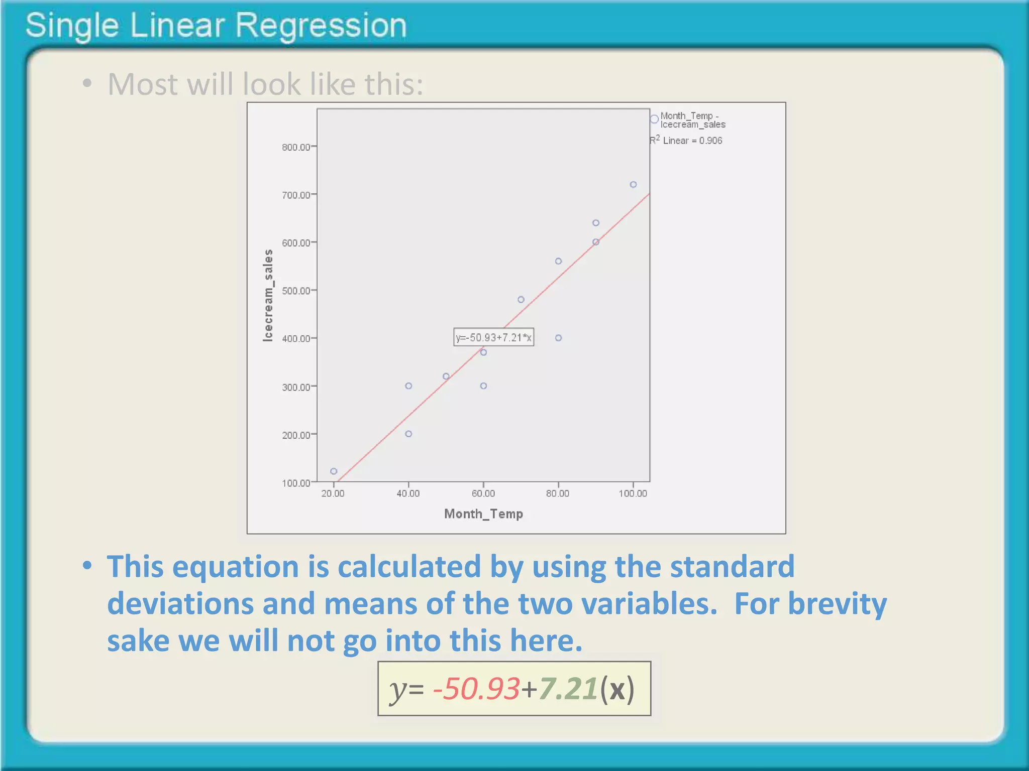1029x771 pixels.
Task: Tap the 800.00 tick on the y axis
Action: pos(296,147)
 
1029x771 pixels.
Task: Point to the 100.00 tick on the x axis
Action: pos(633,493)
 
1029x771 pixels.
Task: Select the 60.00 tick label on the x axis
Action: pos(483,493)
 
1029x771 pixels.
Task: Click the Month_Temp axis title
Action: pos(483,514)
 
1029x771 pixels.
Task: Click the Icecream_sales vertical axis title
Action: pos(268,296)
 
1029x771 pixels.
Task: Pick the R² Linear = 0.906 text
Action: pos(686,141)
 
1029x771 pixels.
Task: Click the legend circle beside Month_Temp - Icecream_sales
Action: pos(654,119)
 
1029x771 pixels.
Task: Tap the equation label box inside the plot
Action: pos(493,337)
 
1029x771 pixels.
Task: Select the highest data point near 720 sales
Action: pos(633,185)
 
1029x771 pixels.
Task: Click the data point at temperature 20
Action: pos(334,471)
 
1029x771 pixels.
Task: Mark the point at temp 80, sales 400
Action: pos(558,338)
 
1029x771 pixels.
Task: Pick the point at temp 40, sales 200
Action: pos(408,434)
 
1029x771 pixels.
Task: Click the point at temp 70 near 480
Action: pos(521,300)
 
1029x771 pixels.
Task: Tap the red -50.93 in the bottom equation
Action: pos(476,689)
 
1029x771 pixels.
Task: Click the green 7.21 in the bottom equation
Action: pos(568,689)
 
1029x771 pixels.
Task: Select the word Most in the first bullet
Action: pos(142,84)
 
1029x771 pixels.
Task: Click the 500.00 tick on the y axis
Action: pos(296,291)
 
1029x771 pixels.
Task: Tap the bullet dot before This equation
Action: pos(87,566)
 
